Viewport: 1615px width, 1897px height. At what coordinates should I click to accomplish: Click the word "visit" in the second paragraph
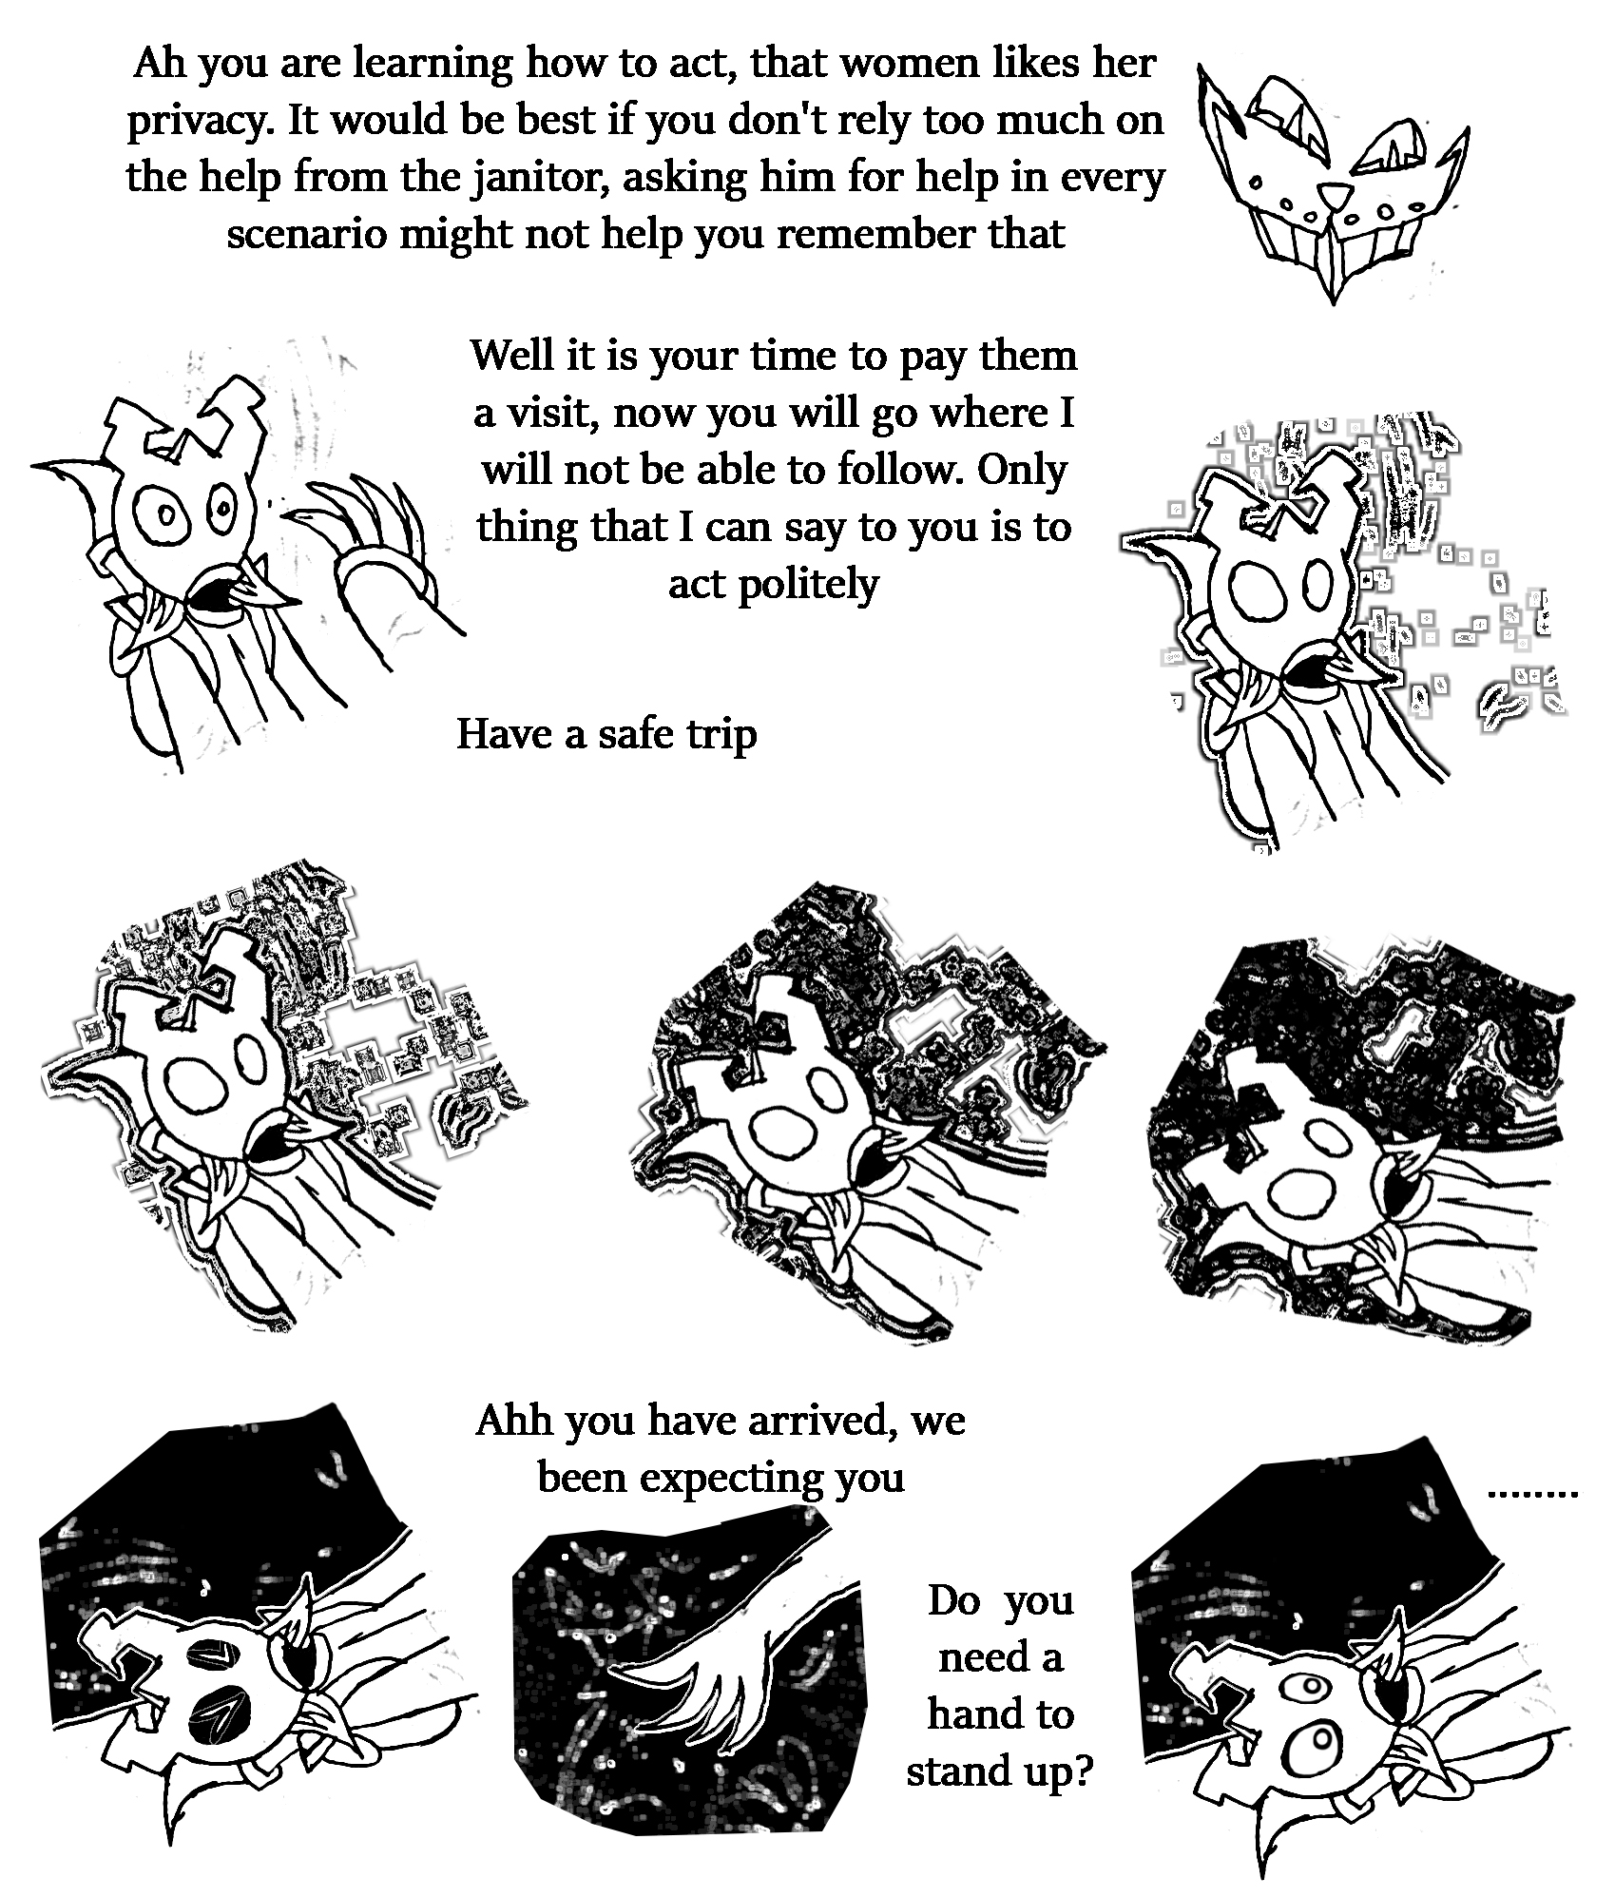552,414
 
